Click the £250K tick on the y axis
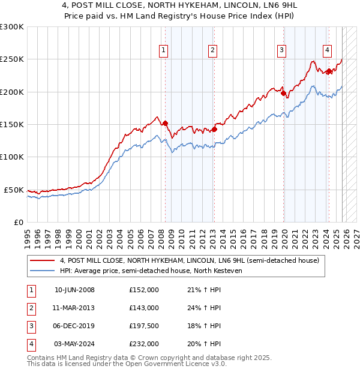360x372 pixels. click(12, 59)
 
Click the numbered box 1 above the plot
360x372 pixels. click(163, 51)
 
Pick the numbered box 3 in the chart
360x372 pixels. click(281, 51)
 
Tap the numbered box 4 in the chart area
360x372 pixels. click(327, 51)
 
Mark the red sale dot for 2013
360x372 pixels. click(214, 128)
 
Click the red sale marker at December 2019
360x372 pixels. click(283, 93)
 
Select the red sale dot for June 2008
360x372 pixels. click(166, 123)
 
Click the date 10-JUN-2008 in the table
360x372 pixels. click(74, 290)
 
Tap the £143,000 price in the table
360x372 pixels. click(143, 308)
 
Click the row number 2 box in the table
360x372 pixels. click(31, 308)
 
